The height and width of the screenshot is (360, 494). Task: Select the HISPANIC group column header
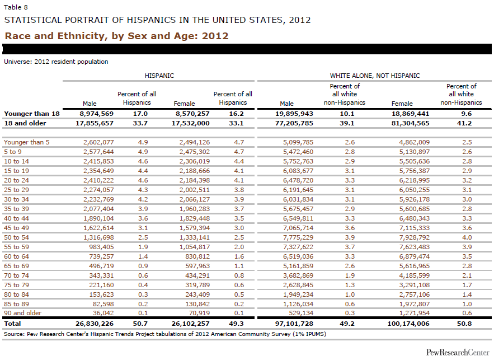[159, 75]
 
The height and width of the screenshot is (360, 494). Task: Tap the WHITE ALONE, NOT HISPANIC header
[375, 75]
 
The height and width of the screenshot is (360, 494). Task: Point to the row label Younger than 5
[26, 142]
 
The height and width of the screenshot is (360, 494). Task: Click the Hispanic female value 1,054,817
[192, 247]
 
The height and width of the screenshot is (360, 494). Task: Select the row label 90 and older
[23, 313]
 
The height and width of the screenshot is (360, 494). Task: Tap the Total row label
[12, 324]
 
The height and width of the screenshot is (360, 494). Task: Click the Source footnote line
[165, 334]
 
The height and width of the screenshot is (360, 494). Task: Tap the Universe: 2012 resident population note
[56, 62]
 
